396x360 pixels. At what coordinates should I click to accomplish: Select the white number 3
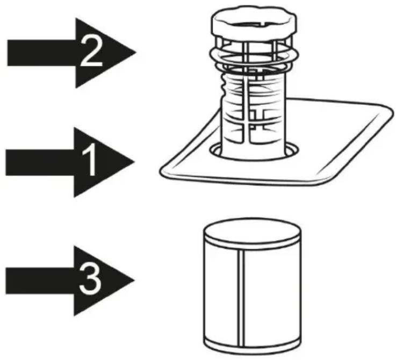click(90, 279)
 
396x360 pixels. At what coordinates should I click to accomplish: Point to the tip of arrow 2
click(136, 53)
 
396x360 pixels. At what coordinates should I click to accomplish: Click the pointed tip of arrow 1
click(134, 162)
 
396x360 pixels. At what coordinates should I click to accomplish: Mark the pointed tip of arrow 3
click(134, 280)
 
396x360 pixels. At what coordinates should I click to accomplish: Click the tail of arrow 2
click(8, 53)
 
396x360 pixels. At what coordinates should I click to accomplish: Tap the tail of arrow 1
click(6, 162)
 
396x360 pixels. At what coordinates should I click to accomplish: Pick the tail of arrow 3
click(6, 280)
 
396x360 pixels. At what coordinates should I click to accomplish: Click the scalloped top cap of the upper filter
click(254, 21)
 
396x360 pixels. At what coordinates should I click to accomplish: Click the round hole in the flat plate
click(254, 151)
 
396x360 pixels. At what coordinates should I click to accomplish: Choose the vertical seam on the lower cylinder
click(241, 298)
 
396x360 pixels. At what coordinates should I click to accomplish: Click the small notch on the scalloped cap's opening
click(263, 24)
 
